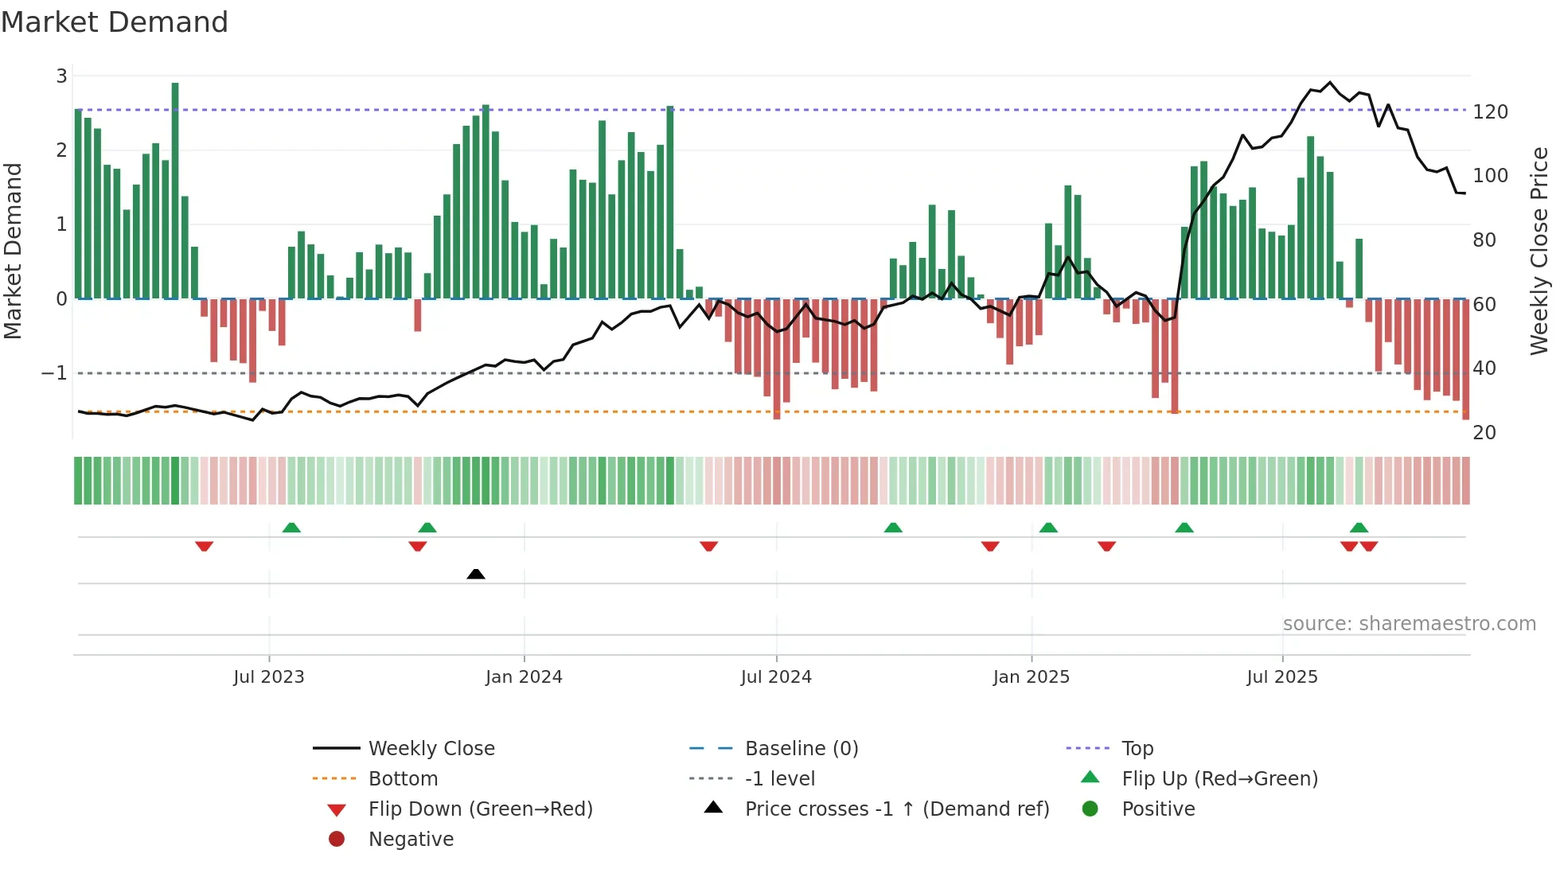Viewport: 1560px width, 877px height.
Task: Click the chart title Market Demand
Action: point(115,22)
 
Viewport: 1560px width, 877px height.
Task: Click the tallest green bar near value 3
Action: point(175,191)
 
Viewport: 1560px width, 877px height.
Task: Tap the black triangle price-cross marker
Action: point(476,574)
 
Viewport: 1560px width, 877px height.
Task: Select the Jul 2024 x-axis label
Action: point(776,677)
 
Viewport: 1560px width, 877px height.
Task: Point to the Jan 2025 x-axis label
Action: point(1032,677)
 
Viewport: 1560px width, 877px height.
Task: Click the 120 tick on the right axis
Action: point(1490,112)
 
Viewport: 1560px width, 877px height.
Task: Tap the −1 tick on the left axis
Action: point(54,373)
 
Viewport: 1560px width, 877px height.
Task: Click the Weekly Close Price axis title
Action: point(1539,251)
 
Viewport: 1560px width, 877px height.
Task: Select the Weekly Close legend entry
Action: point(431,749)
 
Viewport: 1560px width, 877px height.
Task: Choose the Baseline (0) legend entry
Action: point(801,749)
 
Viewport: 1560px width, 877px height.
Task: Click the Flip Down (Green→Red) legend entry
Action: point(480,809)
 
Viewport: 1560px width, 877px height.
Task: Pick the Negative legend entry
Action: point(411,840)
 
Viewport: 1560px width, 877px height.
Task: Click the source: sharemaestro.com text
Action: point(1409,624)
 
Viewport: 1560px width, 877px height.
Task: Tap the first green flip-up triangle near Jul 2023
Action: point(291,528)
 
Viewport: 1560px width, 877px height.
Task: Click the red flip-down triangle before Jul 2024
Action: point(709,546)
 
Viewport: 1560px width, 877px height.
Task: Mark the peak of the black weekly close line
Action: point(1330,82)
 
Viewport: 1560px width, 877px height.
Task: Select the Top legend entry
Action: point(1137,749)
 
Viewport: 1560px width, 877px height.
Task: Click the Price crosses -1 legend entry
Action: point(896,809)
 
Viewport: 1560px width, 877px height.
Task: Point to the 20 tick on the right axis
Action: point(1484,433)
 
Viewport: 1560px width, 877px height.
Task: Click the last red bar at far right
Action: point(1466,358)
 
